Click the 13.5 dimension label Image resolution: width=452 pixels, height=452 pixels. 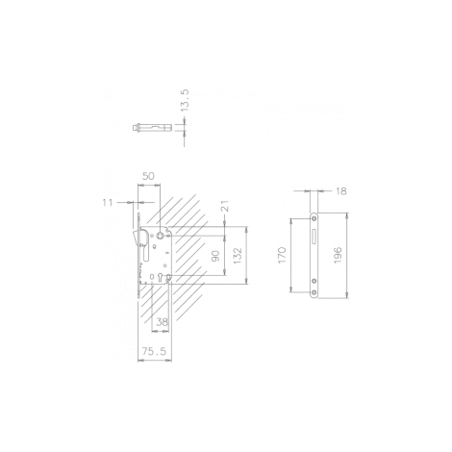click(186, 100)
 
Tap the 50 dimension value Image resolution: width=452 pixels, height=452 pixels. click(148, 176)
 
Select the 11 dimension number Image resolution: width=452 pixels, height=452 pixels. click(108, 203)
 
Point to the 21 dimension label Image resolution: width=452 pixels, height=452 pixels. click(225, 206)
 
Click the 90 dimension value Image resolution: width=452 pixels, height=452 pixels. click(216, 256)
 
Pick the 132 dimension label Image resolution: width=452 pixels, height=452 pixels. click(239, 256)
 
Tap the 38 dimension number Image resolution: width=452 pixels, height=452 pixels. click(162, 322)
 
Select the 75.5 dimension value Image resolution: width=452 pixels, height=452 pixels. click(155, 351)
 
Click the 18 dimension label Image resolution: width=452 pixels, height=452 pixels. click(341, 191)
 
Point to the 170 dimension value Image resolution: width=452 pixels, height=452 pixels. click(282, 255)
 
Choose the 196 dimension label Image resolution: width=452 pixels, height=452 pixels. click(339, 255)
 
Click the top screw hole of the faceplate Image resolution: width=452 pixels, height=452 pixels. click(314, 218)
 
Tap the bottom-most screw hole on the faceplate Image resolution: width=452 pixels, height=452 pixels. click(314, 292)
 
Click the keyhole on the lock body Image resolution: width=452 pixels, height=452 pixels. click(160, 277)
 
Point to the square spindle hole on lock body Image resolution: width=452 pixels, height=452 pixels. click(160, 236)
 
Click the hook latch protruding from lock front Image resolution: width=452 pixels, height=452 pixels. click(136, 237)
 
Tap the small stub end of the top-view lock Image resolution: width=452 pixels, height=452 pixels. click(134, 128)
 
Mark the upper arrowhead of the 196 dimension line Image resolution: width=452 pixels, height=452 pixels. click(346, 214)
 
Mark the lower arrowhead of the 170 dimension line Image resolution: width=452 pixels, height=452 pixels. click(291, 289)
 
